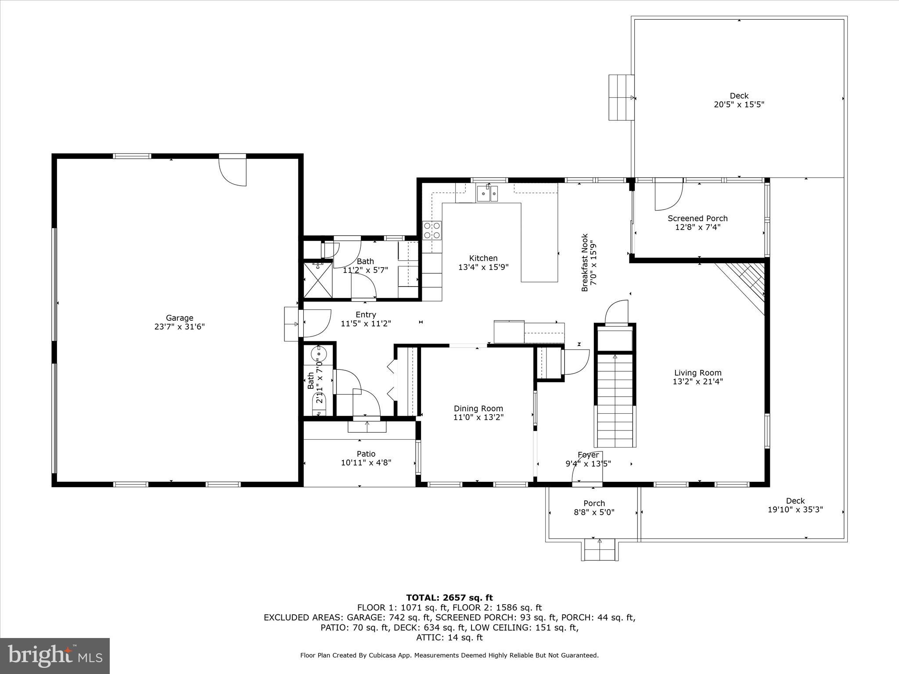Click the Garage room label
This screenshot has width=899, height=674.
point(180,318)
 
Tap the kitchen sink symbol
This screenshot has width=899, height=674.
point(487,193)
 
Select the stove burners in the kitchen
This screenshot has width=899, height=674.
point(432,230)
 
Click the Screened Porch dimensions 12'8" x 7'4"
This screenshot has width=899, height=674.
point(698,227)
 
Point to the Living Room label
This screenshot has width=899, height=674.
point(698,373)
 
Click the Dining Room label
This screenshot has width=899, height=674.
point(478,409)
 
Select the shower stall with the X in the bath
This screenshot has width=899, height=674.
point(318,280)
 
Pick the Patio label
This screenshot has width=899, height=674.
point(366,454)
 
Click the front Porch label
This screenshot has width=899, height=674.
point(594,503)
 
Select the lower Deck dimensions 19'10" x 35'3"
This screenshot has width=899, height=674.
point(795,510)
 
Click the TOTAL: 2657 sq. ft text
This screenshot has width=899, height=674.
point(449,598)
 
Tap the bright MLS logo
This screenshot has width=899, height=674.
point(55,656)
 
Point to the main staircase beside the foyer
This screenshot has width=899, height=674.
point(615,399)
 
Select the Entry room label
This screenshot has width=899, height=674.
point(366,315)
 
